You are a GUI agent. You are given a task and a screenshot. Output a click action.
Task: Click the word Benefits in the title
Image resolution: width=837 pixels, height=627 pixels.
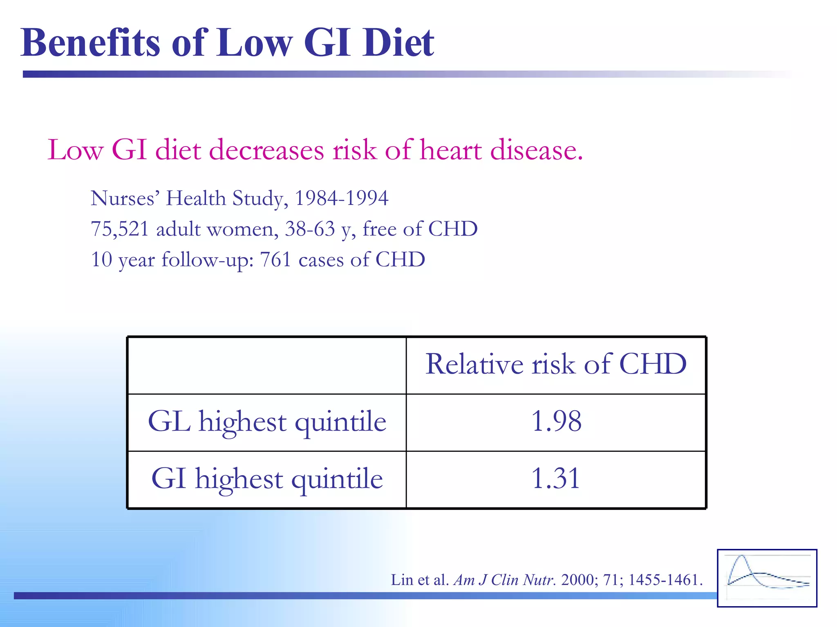(x=91, y=42)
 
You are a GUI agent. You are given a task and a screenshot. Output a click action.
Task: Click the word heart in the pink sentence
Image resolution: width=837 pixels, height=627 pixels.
(x=451, y=150)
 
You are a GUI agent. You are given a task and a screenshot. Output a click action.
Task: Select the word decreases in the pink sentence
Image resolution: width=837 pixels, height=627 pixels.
(x=267, y=150)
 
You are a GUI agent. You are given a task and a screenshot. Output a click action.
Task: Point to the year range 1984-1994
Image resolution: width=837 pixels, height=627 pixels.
(x=341, y=198)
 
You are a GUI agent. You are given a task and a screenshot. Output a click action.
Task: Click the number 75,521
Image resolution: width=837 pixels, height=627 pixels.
(x=119, y=229)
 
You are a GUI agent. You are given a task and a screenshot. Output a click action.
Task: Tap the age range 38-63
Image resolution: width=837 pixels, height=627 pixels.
(x=310, y=229)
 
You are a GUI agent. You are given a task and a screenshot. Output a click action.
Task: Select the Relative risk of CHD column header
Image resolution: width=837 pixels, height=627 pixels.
(x=556, y=364)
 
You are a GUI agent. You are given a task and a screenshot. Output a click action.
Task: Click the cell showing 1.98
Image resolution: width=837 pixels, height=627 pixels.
(x=556, y=421)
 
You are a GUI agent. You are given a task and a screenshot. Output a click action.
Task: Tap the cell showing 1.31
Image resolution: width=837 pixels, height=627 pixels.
(x=556, y=478)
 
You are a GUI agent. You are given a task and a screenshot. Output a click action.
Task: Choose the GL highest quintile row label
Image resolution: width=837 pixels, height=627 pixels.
(x=267, y=422)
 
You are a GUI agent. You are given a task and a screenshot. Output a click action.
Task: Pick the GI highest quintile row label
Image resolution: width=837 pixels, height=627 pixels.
(x=267, y=479)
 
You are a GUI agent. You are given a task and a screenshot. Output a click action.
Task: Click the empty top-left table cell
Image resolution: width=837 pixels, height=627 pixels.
(x=267, y=365)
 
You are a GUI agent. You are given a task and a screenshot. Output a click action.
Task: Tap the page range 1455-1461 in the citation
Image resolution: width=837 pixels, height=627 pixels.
(x=665, y=580)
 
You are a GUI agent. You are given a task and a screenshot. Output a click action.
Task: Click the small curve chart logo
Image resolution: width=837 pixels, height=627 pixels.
(x=767, y=578)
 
